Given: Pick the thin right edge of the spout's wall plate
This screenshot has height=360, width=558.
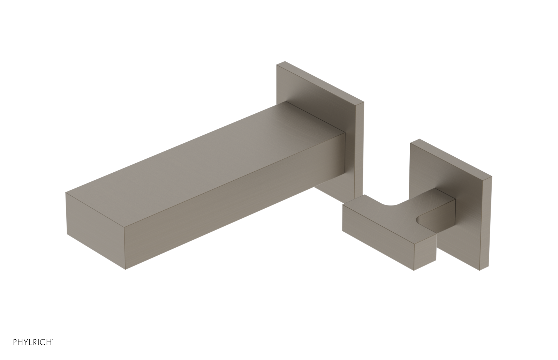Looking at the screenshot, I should [359, 150].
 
